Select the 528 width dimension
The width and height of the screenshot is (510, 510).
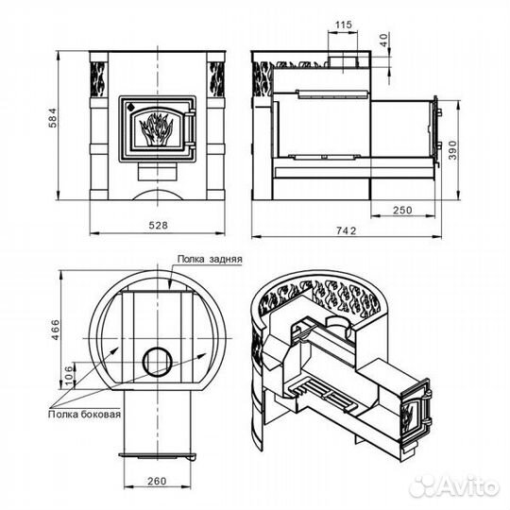point(158,226)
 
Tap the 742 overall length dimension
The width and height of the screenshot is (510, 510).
point(346,230)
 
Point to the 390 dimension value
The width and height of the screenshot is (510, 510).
point(452,150)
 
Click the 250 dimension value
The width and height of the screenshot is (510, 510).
point(402,210)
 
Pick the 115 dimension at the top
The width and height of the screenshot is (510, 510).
point(344,25)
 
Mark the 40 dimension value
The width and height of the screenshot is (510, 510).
point(383,40)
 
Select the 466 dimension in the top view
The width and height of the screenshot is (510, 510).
point(56,330)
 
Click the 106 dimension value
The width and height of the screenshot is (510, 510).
point(69,375)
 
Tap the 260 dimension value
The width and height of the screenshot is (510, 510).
point(157,481)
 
